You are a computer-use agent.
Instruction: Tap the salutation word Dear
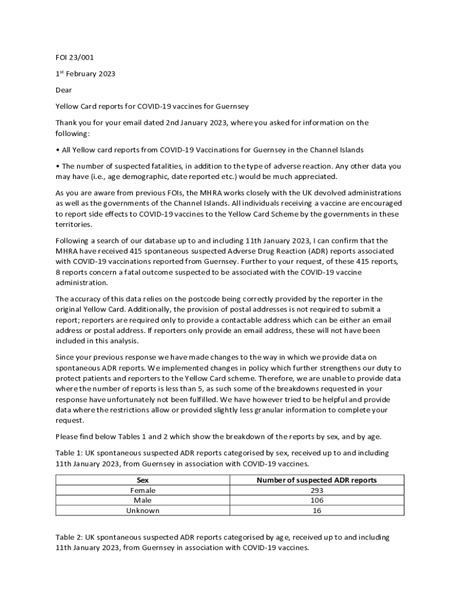point(64,90)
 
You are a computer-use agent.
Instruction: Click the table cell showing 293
point(317,490)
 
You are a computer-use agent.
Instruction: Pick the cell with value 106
point(317,501)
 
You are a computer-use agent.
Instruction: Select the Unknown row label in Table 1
point(143,511)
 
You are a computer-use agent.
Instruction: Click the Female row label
point(143,490)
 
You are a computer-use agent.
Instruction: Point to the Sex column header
point(143,480)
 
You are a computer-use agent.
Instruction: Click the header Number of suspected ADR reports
point(317,480)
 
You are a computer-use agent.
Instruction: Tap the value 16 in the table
point(317,511)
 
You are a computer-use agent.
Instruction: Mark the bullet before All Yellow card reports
point(57,150)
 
